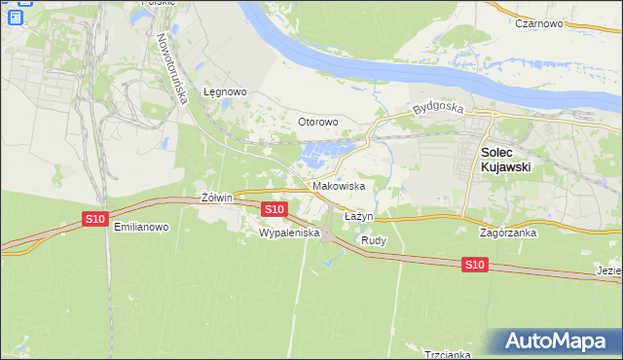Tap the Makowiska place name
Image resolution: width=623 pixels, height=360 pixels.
[339, 185]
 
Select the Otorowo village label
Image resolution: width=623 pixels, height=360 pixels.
[317, 122]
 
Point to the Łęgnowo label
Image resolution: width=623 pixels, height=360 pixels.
[225, 92]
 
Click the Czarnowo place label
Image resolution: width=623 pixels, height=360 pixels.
[541, 22]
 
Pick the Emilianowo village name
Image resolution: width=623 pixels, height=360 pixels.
[141, 227]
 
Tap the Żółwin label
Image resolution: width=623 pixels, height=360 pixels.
[216, 198]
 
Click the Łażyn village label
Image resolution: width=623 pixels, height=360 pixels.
[358, 215]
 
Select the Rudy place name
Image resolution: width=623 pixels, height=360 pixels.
[374, 239]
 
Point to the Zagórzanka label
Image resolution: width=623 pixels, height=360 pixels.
[509, 234]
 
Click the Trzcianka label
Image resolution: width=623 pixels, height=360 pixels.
[447, 354]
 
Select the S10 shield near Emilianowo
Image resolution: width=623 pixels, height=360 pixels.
[94, 219]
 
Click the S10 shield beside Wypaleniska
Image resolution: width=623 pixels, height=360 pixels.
[274, 209]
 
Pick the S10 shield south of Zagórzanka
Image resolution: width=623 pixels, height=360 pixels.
[474, 265]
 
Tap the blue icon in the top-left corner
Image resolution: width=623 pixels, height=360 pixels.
[15, 16]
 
